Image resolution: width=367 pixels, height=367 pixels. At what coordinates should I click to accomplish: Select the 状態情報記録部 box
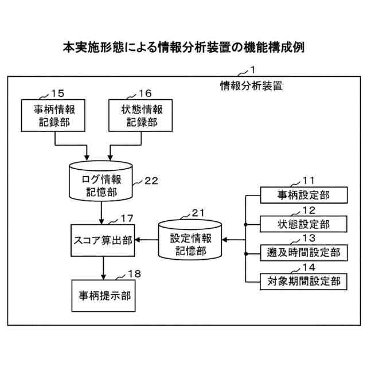(x=140, y=115)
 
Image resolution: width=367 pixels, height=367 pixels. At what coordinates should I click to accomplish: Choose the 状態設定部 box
(x=303, y=223)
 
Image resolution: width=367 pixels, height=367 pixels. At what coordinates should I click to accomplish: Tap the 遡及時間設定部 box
(x=303, y=252)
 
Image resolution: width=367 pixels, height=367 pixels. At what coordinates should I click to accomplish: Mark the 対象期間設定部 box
(x=303, y=281)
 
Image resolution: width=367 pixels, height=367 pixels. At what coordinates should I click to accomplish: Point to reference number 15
(x=57, y=93)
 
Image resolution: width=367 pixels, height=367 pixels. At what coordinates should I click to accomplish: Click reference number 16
(x=145, y=93)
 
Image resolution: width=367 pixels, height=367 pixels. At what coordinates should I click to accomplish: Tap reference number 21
(x=198, y=213)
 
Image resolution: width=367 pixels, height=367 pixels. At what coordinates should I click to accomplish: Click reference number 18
(x=134, y=274)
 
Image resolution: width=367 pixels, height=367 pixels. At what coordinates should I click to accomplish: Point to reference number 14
(x=309, y=267)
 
